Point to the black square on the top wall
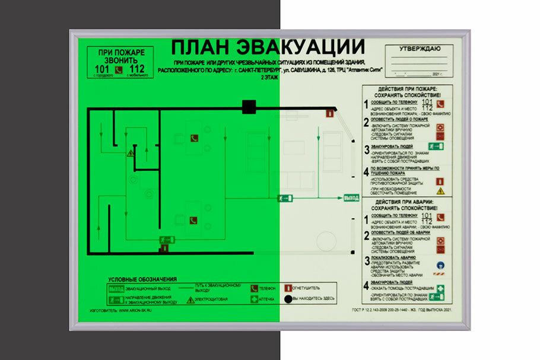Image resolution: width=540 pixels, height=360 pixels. (248, 107)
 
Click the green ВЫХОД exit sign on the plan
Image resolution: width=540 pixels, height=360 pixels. (352, 197)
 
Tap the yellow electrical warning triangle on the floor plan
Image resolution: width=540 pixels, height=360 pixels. (130, 153)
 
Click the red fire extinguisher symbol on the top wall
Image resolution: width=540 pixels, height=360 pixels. (327, 113)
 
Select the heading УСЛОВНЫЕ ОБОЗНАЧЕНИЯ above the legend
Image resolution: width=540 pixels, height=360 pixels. (142, 279)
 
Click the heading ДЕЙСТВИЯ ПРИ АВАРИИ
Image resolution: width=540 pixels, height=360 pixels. (407, 202)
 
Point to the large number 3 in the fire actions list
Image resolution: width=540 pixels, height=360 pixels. (367, 149)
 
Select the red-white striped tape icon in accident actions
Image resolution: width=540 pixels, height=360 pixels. (440, 275)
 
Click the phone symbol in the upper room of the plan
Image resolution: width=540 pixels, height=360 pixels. (193, 138)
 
